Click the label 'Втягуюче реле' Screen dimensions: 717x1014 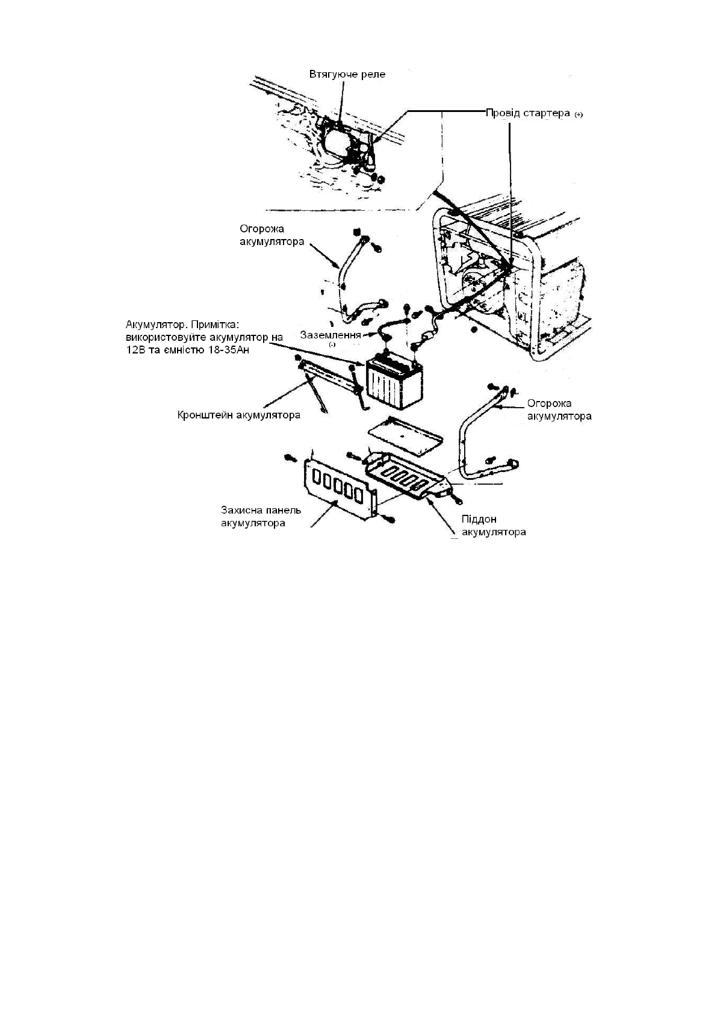pyautogui.click(x=347, y=75)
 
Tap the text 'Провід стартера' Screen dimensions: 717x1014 pyautogui.click(x=527, y=113)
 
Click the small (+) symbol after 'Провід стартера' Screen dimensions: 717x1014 pyautogui.click(x=579, y=114)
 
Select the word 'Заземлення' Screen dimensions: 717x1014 pyautogui.click(x=331, y=335)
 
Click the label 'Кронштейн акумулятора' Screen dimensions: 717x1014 pyautogui.click(x=238, y=415)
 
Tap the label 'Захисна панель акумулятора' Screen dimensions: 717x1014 pyautogui.click(x=260, y=517)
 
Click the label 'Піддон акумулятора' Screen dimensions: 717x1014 pyautogui.click(x=493, y=526)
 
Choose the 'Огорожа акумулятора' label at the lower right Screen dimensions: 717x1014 pyautogui.click(x=559, y=409)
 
